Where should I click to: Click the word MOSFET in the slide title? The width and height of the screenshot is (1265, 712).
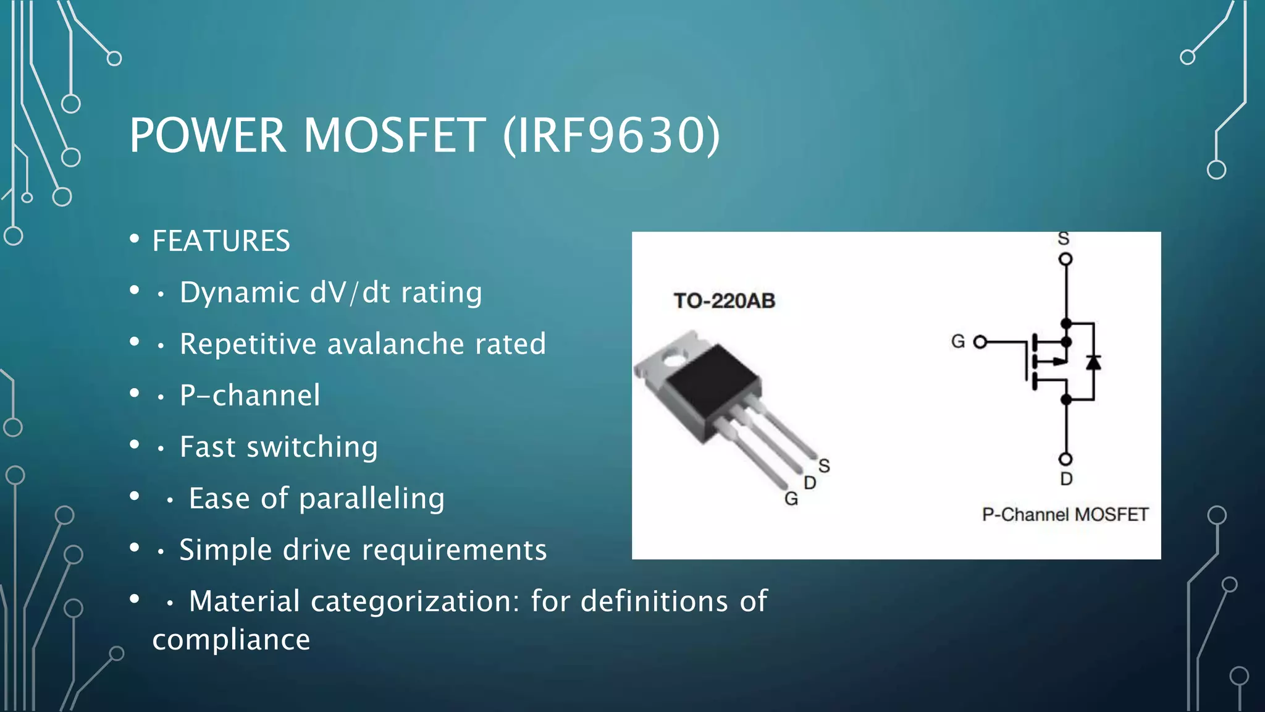pos(394,135)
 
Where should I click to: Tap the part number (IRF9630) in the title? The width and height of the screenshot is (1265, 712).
pos(611,135)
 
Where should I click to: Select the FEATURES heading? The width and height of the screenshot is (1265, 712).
pos(221,241)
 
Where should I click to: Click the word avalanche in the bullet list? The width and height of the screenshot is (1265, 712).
pos(395,344)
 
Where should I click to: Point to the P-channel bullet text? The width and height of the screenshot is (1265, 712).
pos(250,396)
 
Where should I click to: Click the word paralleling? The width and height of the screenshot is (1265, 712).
pos(371,499)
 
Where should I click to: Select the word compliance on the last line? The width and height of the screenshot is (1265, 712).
pos(231,640)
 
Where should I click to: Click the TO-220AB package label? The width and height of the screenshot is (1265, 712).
pos(724,301)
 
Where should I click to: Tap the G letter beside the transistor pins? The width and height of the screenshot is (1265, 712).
pos(791,499)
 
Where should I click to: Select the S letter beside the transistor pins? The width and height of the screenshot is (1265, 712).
pos(824,465)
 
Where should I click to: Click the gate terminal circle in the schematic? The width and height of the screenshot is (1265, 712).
pos(980,342)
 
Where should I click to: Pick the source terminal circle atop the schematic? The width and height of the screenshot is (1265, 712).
pos(1065,259)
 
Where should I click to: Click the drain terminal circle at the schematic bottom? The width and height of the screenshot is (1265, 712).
pos(1065,459)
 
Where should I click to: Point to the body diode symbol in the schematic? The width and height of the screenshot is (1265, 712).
pos(1093,362)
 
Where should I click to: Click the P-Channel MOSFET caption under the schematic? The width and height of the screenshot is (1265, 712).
pos(1065,514)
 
